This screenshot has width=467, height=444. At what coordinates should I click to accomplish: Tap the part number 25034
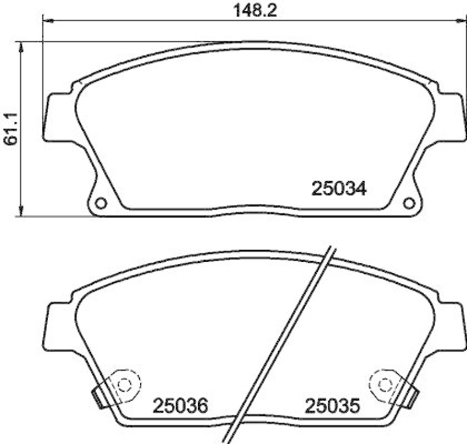[x=339, y=188]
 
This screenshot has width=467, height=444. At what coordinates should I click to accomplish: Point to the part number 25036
[x=180, y=405]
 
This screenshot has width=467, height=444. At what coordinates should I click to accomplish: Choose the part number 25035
[x=331, y=405]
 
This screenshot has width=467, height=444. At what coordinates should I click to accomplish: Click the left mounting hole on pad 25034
[x=100, y=203]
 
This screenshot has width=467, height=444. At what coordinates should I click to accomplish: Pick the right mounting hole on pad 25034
[x=409, y=203]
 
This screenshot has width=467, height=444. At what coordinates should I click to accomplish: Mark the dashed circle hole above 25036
[x=124, y=384]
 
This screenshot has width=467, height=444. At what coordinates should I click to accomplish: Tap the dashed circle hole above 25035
[x=385, y=384]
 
